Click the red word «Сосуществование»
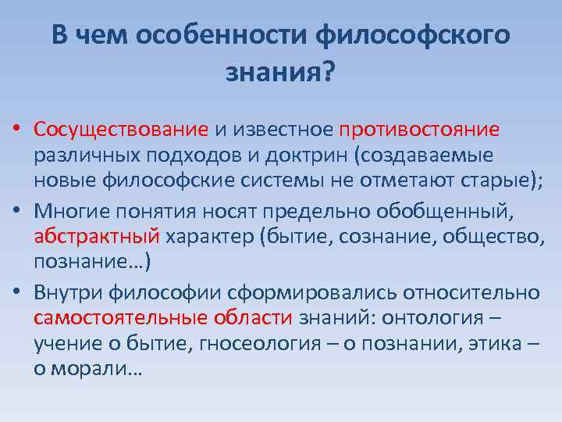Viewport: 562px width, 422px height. (121, 128)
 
